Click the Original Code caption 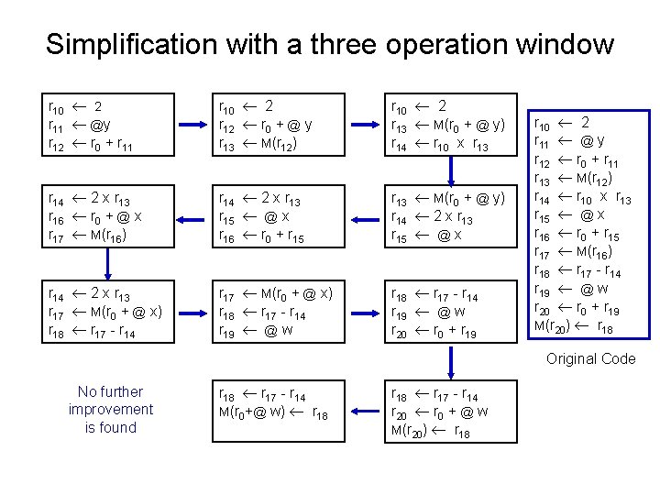point(590,358)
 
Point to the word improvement point(110,410)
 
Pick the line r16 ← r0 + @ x point(94,216)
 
